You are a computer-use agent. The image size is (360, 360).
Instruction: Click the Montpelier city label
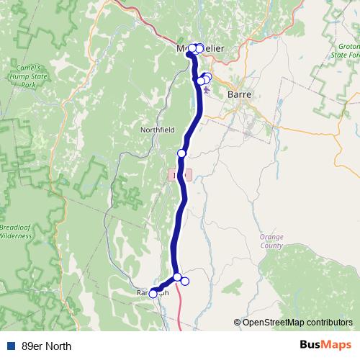[x=202, y=48]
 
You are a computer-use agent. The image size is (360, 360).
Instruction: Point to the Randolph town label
[x=152, y=293]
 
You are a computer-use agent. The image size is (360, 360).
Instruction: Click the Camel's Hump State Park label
[x=27, y=75]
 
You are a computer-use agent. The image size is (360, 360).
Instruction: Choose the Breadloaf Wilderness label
[x=16, y=230]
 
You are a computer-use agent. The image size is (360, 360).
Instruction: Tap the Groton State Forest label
[x=345, y=53]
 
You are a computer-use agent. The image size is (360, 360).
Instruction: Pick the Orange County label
[x=272, y=240]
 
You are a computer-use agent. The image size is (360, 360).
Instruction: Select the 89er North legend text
[x=47, y=346]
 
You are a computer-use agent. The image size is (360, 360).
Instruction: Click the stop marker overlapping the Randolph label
[x=153, y=293]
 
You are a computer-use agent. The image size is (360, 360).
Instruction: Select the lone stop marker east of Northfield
[x=181, y=153]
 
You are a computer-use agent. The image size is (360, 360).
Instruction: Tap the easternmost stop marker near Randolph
[x=184, y=281]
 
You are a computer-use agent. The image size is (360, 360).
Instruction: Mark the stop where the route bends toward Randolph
[x=177, y=276]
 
